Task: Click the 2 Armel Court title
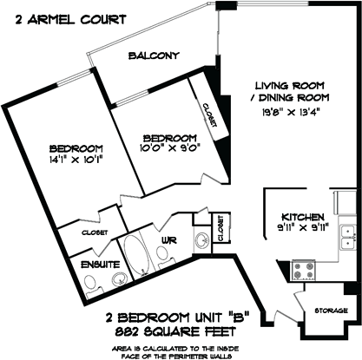click(70, 20)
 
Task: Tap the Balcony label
click(154, 56)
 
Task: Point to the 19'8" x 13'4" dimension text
click(290, 112)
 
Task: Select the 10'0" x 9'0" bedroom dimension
click(169, 147)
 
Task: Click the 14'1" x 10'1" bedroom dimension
click(76, 160)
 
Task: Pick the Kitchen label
click(303, 217)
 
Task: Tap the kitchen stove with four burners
click(303, 271)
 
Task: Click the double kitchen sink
click(348, 238)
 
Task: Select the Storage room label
click(331, 311)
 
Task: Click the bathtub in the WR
click(135, 254)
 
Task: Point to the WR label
click(169, 239)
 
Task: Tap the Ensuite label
click(100, 265)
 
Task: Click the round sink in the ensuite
click(120, 278)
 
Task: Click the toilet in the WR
click(164, 256)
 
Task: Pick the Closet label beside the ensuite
click(95, 232)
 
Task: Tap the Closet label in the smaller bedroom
click(210, 115)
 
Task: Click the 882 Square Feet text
click(175, 331)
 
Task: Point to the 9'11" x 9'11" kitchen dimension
click(304, 228)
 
